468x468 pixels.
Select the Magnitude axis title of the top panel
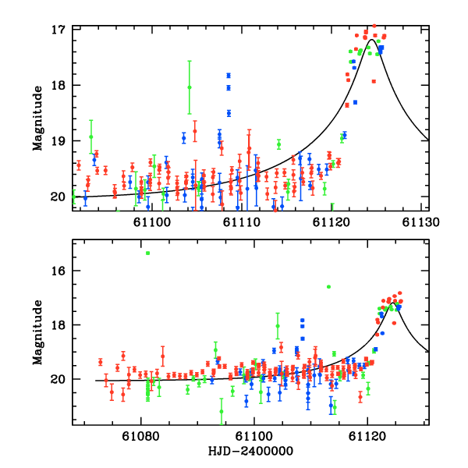coord(37,112)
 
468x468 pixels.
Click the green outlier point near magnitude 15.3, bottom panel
coord(147,253)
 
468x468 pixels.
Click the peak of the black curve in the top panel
coord(375,40)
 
